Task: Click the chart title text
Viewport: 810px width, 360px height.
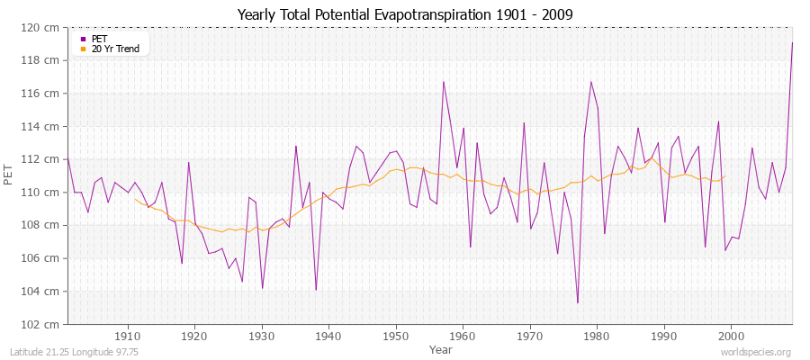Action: point(404,14)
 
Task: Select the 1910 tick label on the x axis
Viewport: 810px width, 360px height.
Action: point(127,337)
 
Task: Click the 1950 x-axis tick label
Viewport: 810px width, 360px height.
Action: point(395,337)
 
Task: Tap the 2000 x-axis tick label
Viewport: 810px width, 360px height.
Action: point(731,337)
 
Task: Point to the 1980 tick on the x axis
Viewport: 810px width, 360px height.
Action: point(597,337)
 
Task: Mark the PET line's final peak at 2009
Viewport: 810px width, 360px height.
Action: point(792,42)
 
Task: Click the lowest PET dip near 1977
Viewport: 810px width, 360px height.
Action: point(577,302)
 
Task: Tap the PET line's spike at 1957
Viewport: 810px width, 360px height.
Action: point(443,82)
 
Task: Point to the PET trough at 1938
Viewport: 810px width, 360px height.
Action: point(316,289)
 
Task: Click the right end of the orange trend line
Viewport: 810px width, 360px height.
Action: point(724,176)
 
